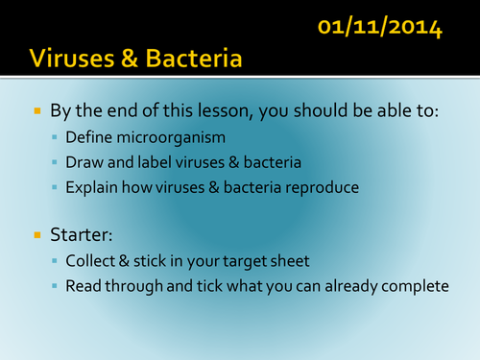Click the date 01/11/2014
(x=381, y=25)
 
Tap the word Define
(x=89, y=140)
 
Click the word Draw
(x=84, y=164)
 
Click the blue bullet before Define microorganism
(x=55, y=140)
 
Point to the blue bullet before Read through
(x=55, y=286)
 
